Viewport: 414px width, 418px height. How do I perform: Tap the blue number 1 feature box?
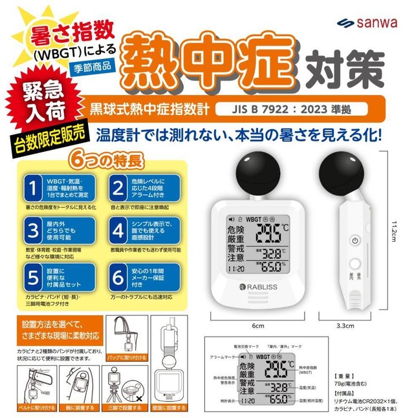(x=58, y=187)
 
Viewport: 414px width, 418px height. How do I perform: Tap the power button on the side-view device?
(x=354, y=240)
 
